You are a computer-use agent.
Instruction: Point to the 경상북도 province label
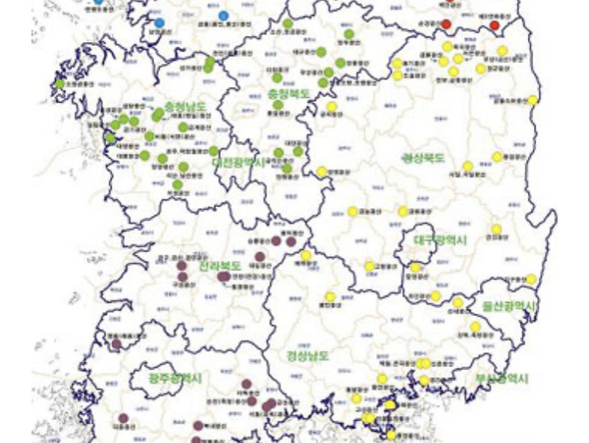click(x=423, y=158)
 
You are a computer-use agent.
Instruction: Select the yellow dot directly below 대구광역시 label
click(x=416, y=267)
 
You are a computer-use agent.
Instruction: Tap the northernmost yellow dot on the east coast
click(x=532, y=100)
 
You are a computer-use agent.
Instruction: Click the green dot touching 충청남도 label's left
click(x=158, y=112)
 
